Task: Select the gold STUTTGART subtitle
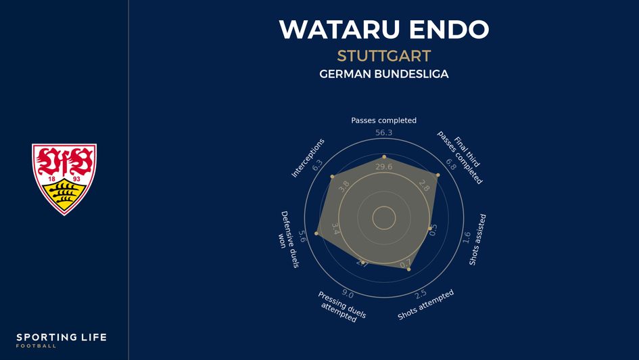(383, 55)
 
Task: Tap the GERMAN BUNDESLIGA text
(383, 74)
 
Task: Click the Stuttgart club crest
(64, 179)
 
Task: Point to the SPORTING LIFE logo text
(62, 338)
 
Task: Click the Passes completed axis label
(383, 120)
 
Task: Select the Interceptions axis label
(308, 158)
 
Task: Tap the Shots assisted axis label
(477, 239)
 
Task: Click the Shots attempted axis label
(425, 305)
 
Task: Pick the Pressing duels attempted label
(341, 306)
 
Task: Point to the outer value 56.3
(383, 133)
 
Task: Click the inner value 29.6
(383, 167)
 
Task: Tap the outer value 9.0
(348, 294)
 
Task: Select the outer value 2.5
(420, 294)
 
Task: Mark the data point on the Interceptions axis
(332, 177)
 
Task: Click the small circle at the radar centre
(384, 218)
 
